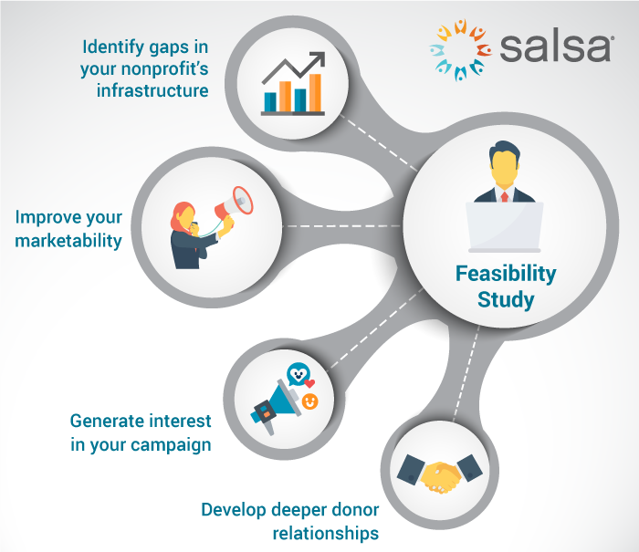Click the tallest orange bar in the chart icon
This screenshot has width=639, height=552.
coord(314,91)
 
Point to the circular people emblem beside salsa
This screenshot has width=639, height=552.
coord(462,47)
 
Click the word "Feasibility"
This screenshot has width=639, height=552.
coord(506,273)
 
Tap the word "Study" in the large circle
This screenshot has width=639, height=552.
coord(506,299)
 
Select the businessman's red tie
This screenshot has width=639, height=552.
coord(504,194)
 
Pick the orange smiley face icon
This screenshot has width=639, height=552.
coord(310,401)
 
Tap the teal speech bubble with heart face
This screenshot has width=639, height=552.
coord(296,374)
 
